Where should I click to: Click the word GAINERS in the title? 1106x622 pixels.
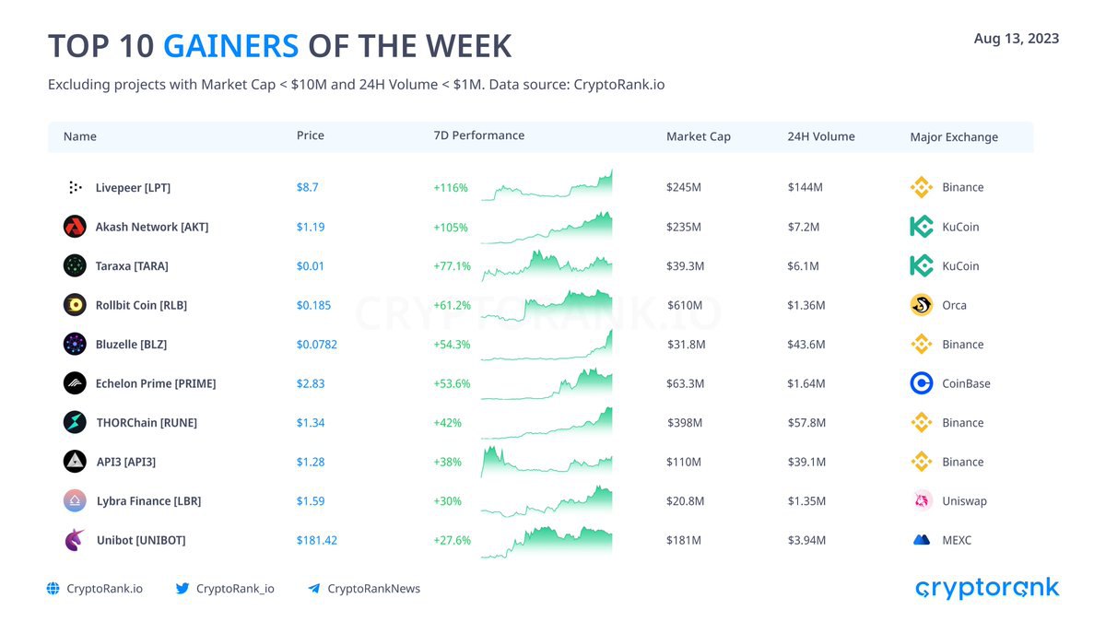(231, 46)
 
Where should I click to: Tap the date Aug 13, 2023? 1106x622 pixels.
(1016, 39)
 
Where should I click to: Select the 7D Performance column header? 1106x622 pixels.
(479, 135)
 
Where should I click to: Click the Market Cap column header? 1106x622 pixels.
(699, 136)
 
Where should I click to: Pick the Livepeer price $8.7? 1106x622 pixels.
(307, 187)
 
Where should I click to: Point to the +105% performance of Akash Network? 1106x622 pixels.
(451, 227)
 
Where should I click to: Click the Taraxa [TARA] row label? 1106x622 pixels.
(132, 266)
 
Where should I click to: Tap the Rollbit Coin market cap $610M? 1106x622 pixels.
(684, 305)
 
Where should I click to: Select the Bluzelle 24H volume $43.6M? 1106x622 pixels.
(806, 344)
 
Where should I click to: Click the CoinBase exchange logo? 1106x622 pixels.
(922, 383)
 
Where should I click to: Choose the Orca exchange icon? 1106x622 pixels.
(922, 305)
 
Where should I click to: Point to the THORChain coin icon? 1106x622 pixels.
(75, 423)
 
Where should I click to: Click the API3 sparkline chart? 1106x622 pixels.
(547, 462)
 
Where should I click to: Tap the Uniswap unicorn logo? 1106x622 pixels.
(922, 500)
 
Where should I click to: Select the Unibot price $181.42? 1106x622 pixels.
(316, 540)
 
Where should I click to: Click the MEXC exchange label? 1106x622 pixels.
(957, 540)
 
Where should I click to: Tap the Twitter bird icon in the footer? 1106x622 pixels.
(182, 589)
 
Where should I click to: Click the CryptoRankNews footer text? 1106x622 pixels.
(374, 589)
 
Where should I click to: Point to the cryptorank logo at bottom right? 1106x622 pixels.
(987, 589)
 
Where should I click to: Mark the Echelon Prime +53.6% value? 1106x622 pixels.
(452, 383)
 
